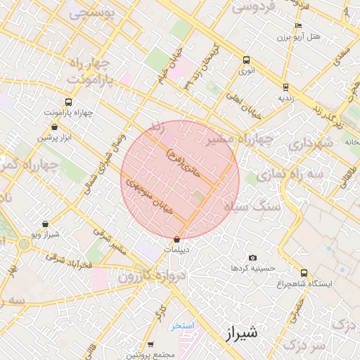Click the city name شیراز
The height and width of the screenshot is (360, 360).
(x=244, y=332)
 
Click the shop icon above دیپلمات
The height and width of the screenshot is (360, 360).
(x=175, y=240)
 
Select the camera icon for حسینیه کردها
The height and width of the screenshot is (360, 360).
(x=253, y=259)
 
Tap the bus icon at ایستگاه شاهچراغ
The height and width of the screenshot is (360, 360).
(x=304, y=273)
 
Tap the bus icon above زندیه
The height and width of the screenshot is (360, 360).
(x=285, y=87)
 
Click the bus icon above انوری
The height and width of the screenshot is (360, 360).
(x=246, y=60)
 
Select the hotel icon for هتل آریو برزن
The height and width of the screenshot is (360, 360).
(x=298, y=26)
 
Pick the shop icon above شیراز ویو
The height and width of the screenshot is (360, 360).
(x=46, y=224)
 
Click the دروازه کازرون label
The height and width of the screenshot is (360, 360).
(x=145, y=276)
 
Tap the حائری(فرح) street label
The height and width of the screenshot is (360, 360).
(x=184, y=160)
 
